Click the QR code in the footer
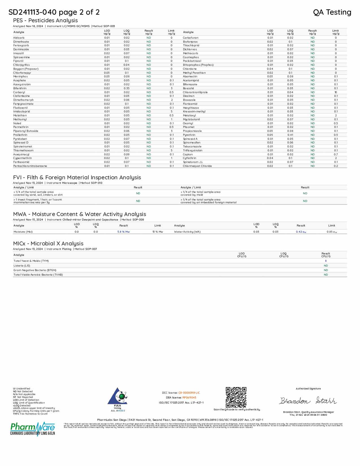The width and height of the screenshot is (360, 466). coord(236,397)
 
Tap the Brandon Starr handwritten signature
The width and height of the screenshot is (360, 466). coord(308,400)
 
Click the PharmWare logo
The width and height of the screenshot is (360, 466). coord(33,429)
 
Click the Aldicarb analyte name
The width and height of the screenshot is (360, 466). coord(19,38)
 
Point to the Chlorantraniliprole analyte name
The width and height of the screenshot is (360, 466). coord(195,92)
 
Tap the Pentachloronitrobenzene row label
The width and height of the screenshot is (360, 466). coord(30,166)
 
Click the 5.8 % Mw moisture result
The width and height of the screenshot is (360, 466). coord(123,232)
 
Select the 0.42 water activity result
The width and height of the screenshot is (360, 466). coord(301,232)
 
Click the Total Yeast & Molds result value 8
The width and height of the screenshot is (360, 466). coord(326,261)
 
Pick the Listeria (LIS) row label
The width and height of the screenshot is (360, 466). coord(22,265)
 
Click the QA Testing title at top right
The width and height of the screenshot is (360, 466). coord(332,12)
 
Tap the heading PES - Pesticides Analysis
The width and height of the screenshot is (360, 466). coord(45,20)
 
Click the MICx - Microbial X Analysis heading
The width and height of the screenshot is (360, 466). coord(48,243)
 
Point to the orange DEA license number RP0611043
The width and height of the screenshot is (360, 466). coord(189,397)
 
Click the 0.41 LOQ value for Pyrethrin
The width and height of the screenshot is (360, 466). coord(290,135)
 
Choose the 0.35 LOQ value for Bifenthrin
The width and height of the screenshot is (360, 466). coord(126,88)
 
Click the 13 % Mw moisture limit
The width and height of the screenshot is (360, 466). coord(158,232)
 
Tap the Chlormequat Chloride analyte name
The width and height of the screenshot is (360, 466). coord(197,166)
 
